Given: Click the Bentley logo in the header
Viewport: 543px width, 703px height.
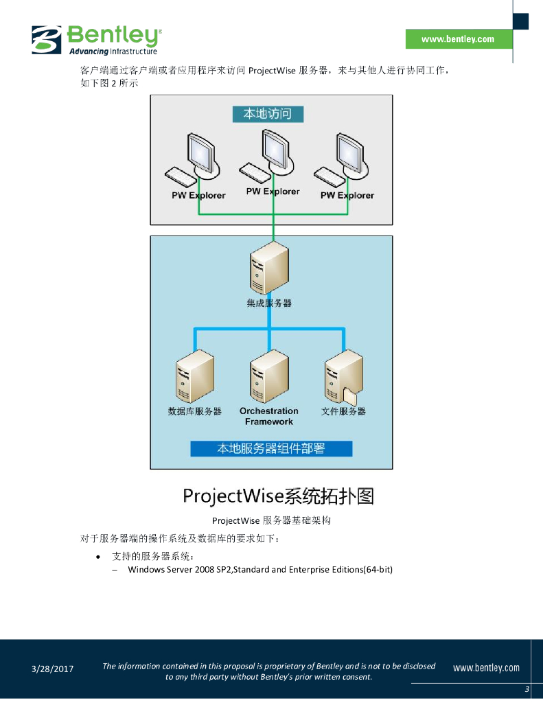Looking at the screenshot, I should tap(96, 40).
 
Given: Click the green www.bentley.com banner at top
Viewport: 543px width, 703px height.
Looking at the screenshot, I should tap(458, 39).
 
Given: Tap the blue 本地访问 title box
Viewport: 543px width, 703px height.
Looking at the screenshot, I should tap(272, 113).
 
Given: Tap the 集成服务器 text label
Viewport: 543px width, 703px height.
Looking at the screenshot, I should tap(269, 303).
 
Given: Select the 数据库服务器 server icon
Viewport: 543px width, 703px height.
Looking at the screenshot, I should tap(195, 376).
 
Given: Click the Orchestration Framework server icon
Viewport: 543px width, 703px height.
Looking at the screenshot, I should tap(268, 376).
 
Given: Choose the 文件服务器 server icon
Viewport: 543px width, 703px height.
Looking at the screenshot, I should tap(343, 376).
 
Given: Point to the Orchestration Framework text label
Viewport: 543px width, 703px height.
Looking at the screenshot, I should tap(269, 416).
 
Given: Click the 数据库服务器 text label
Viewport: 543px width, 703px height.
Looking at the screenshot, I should tap(195, 411).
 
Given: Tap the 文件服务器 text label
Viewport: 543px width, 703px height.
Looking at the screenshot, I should tap(343, 411).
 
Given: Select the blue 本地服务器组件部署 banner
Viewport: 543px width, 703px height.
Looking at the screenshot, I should tap(271, 448).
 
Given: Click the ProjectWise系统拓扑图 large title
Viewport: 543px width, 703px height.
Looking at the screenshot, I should tap(278, 496).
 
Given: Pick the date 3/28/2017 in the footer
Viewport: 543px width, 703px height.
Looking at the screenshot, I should tap(54, 668).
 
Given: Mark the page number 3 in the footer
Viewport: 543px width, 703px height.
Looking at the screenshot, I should tap(527, 689).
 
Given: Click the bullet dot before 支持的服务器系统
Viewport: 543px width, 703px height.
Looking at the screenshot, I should tap(100, 556).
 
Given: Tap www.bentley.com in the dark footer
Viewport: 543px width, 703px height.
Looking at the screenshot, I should tap(487, 667).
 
